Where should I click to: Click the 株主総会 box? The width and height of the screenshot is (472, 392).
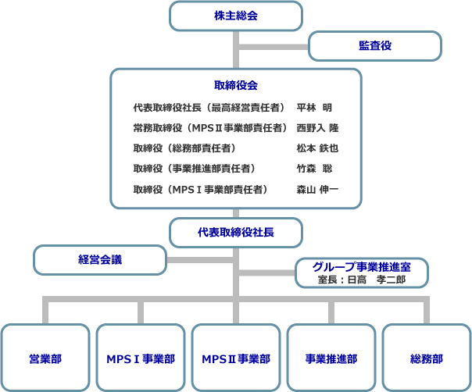[236, 16]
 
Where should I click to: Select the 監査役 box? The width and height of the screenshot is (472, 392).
[375, 46]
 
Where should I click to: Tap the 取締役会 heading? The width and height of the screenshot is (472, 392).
[236, 85]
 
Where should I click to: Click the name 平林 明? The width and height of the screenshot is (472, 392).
[314, 108]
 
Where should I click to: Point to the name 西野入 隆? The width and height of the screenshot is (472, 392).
[317, 128]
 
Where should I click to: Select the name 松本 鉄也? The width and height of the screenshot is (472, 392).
[317, 148]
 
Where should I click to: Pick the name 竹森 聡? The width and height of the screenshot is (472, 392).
[314, 169]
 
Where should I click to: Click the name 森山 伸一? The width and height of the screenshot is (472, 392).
[317, 190]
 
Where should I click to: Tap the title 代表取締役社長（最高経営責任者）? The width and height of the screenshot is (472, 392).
[209, 108]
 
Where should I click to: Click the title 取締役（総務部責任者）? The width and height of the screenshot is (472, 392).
[184, 148]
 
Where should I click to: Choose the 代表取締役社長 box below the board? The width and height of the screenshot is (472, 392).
[236, 233]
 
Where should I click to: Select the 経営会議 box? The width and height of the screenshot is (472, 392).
[100, 260]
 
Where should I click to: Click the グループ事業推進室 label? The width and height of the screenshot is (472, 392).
[362, 267]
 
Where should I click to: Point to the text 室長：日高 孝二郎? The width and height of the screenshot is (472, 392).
[362, 280]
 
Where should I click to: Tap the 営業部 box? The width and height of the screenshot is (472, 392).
[45, 358]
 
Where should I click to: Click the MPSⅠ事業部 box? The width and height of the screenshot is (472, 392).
[141, 358]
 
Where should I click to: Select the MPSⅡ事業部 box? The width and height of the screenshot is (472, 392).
[236, 358]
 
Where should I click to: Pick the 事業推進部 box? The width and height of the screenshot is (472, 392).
[331, 358]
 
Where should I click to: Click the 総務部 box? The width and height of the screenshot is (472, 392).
[427, 358]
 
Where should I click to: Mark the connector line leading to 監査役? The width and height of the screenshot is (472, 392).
[274, 47]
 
